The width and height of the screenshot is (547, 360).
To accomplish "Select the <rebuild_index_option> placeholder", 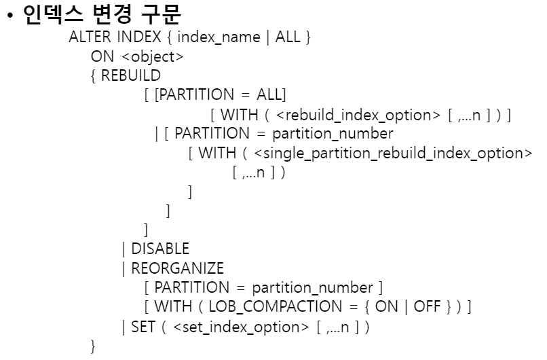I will (x=354, y=114).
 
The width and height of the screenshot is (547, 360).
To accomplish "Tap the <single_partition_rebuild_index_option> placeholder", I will (x=397, y=153).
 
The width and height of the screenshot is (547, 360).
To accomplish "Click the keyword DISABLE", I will (x=160, y=249).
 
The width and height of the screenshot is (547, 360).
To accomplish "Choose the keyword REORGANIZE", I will (x=177, y=268).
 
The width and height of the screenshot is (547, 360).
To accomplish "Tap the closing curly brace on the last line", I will (x=94, y=346).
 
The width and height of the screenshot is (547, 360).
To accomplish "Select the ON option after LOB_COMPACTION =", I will (x=386, y=307).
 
